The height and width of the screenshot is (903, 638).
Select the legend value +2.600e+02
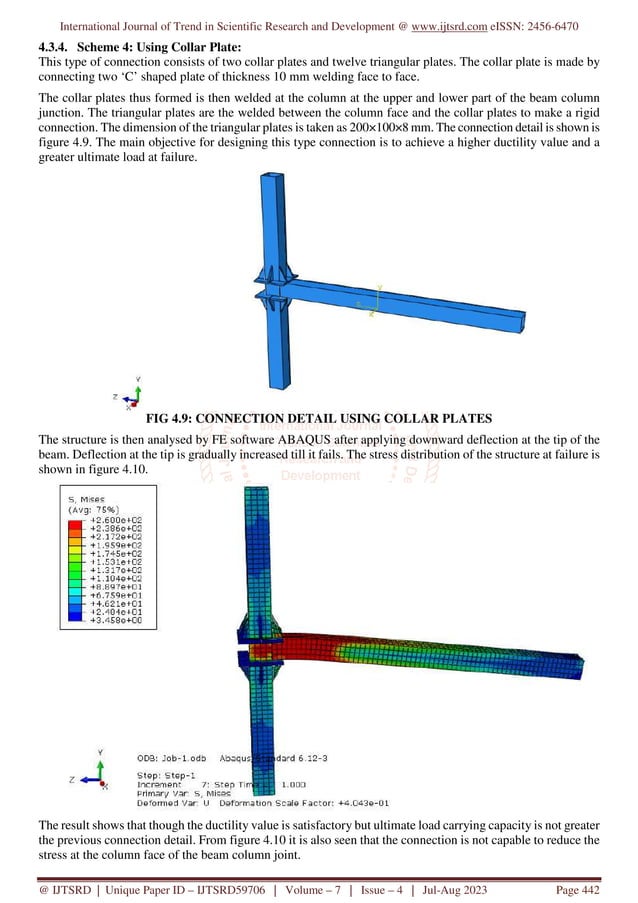pos(114,521)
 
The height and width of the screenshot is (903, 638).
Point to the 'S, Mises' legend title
pos(88,500)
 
